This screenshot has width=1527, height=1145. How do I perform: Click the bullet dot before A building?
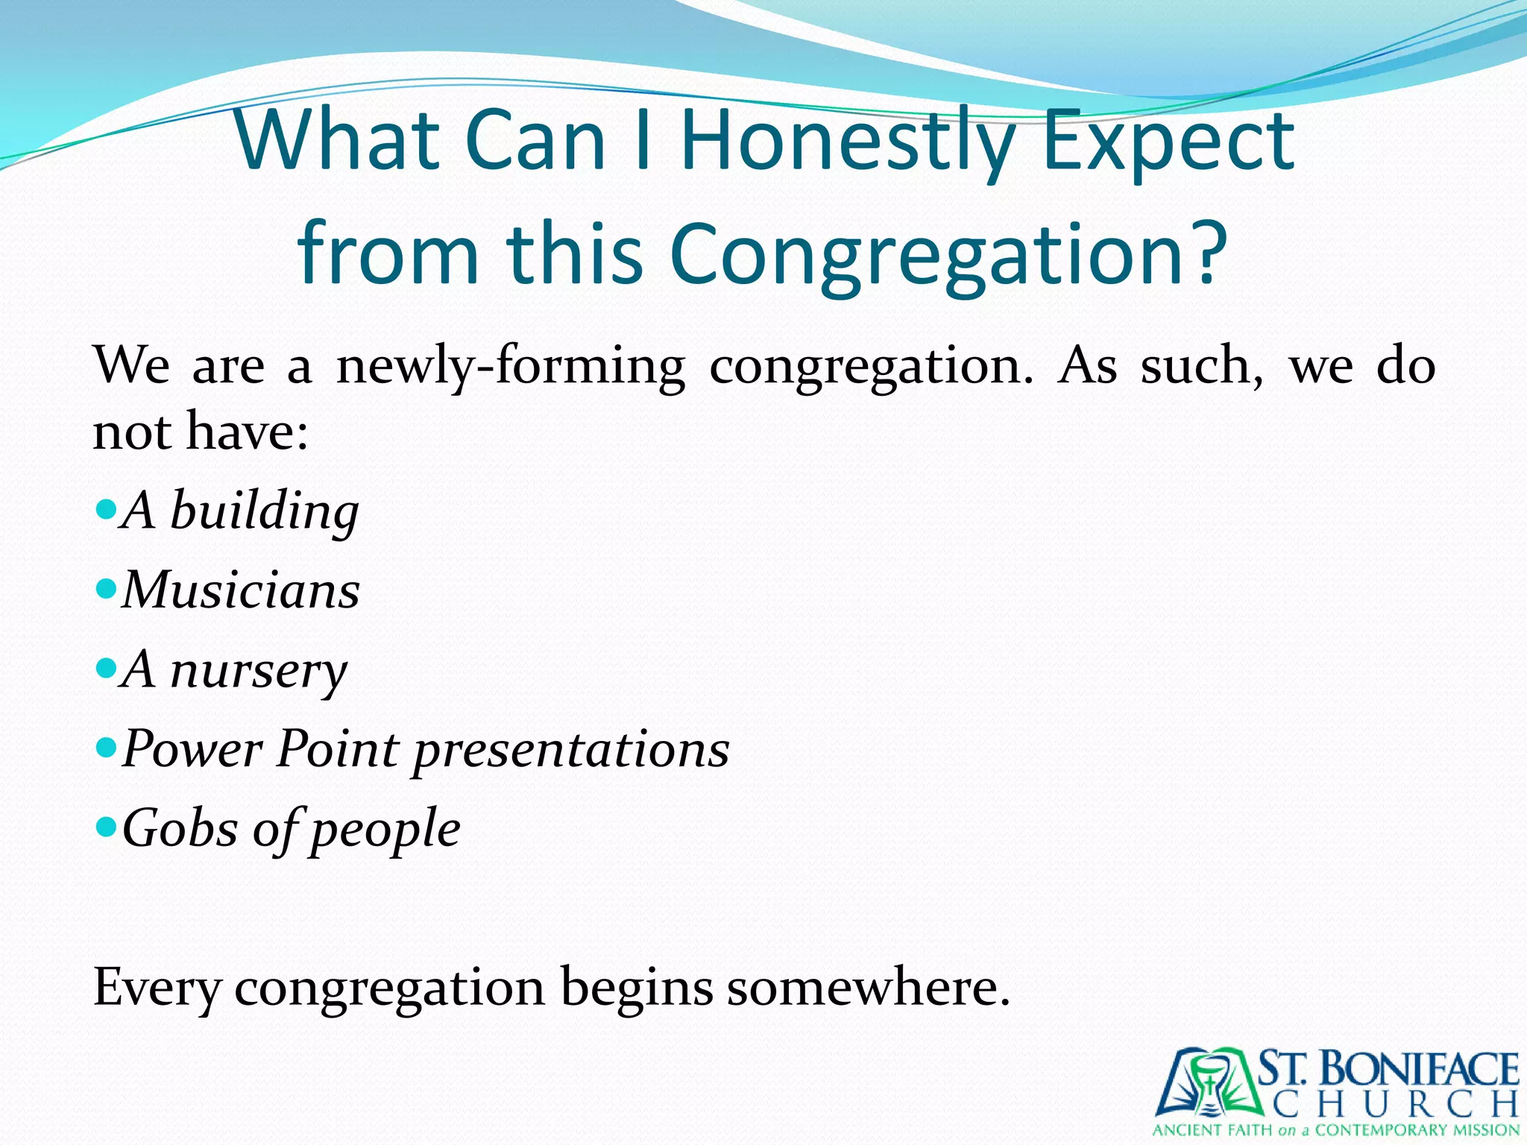(x=107, y=511)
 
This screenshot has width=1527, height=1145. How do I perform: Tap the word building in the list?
(x=264, y=512)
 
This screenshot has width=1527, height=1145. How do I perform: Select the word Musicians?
(x=241, y=590)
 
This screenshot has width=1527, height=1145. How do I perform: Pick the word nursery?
(x=258, y=671)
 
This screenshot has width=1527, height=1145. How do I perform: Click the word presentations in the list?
(x=571, y=749)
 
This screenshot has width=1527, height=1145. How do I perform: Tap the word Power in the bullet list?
(x=192, y=749)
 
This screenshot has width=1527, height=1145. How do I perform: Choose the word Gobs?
(x=180, y=828)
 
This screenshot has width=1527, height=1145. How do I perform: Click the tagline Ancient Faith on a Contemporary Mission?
(x=1335, y=1130)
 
